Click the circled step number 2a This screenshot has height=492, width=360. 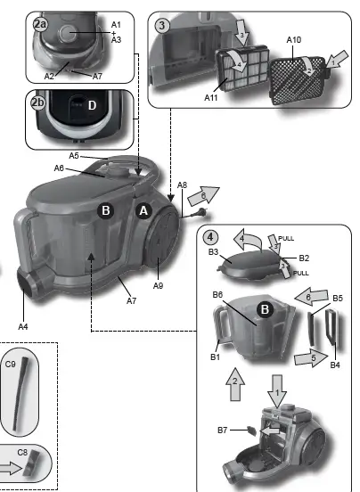point(40,25)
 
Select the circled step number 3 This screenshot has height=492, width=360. point(162,25)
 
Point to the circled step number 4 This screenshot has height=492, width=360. point(209,238)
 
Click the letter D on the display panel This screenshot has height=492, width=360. point(91,106)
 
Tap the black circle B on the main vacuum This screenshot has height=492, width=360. point(105,211)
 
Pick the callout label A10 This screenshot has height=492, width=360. point(295,40)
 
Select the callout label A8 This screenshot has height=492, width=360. point(182,185)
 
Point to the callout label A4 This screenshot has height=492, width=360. point(23,327)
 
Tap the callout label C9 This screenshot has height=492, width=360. point(11,364)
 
